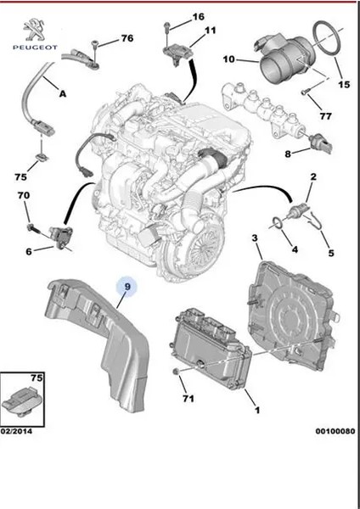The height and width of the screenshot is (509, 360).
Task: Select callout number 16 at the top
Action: click(x=199, y=17)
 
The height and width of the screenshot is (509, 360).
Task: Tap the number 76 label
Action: click(x=127, y=38)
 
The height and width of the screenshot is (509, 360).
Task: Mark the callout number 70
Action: click(x=25, y=196)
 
